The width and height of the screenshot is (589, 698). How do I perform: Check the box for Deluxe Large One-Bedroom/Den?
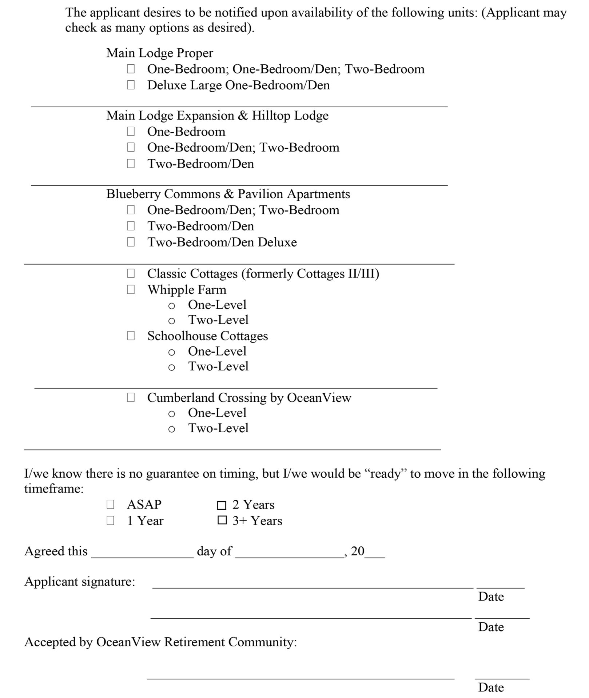point(131,85)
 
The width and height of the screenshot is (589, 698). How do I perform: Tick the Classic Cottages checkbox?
point(131,273)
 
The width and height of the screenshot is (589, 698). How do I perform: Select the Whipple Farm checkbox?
point(131,290)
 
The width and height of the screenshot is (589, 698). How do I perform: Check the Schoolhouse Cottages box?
point(131,336)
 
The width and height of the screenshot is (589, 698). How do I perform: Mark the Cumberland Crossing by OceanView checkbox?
point(131,398)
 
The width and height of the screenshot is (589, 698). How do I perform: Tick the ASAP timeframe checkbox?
point(110,505)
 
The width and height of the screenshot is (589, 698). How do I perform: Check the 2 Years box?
point(222,505)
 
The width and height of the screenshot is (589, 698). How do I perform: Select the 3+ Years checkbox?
point(222,521)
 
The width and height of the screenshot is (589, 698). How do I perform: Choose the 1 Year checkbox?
point(110,521)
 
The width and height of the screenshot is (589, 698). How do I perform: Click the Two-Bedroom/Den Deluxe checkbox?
point(131,242)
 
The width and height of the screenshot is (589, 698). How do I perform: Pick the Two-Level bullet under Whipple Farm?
point(172,321)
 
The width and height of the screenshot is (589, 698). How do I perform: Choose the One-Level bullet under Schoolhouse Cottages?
point(172,352)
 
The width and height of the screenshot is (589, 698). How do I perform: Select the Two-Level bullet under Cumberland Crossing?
point(172,429)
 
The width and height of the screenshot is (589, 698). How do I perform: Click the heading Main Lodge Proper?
point(159,53)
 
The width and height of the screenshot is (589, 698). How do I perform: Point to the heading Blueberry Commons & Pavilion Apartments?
point(228,194)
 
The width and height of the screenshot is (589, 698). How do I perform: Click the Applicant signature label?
point(79,582)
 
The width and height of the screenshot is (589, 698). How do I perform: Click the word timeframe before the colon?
point(52,489)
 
